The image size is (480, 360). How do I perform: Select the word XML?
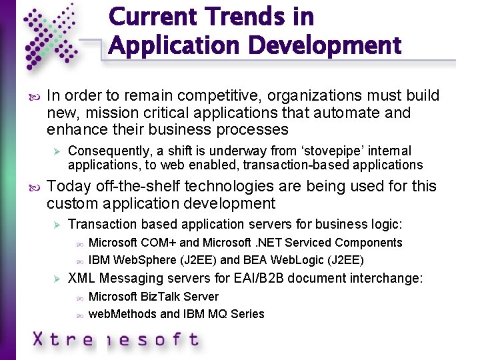[82, 278]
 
